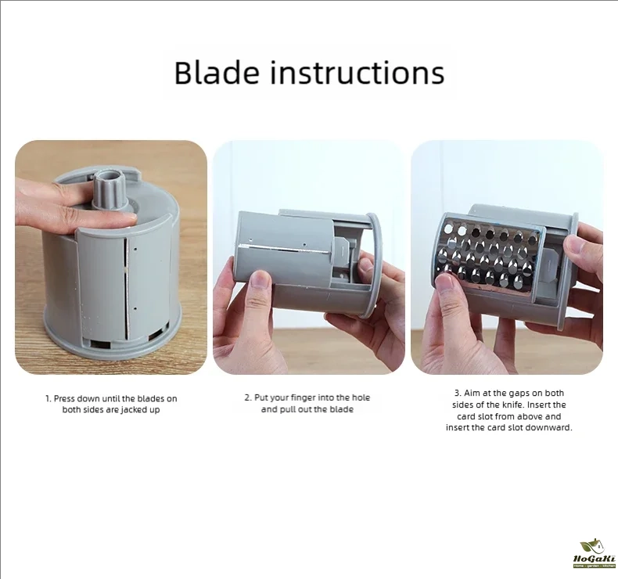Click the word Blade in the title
(x=217, y=73)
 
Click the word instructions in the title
(x=357, y=73)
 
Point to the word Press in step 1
(x=64, y=398)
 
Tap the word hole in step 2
(x=361, y=397)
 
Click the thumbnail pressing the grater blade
(x=444, y=283)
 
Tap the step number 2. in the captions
(x=248, y=397)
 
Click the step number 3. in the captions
(x=458, y=393)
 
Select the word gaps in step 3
(x=519, y=394)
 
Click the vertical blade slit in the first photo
(x=126, y=289)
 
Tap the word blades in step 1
(x=149, y=398)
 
